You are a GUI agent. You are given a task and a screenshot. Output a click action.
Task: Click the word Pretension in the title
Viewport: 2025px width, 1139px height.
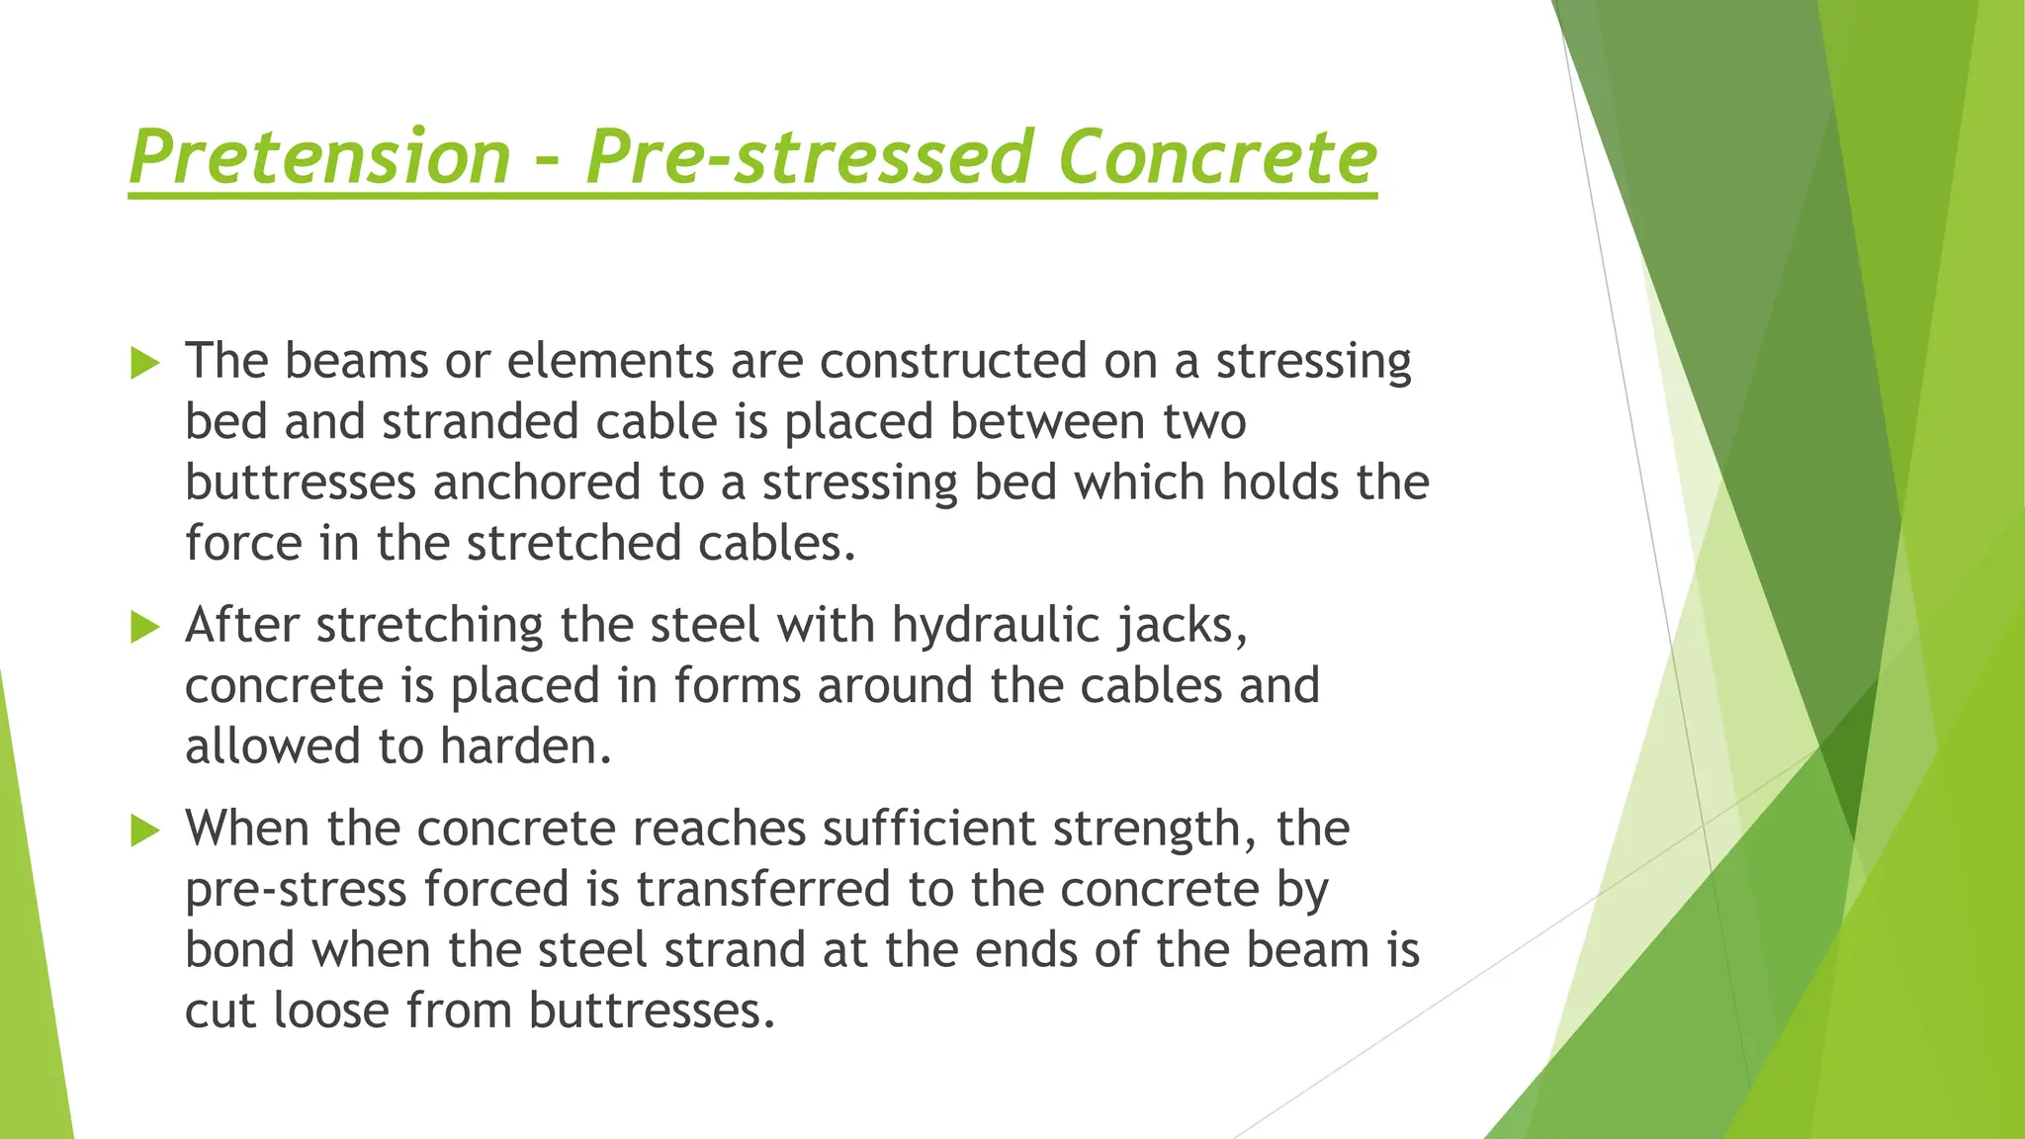[319, 157]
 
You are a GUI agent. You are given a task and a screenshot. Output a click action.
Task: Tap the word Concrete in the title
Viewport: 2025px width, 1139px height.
[1217, 157]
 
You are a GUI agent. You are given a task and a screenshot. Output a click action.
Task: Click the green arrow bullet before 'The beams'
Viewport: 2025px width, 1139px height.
[144, 364]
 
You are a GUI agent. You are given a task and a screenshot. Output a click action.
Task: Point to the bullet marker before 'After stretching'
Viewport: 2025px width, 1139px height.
[144, 627]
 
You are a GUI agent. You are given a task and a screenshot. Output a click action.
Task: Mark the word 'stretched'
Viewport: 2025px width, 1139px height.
[573, 544]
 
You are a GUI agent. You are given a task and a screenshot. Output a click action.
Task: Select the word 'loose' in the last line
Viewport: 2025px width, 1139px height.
[331, 1011]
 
